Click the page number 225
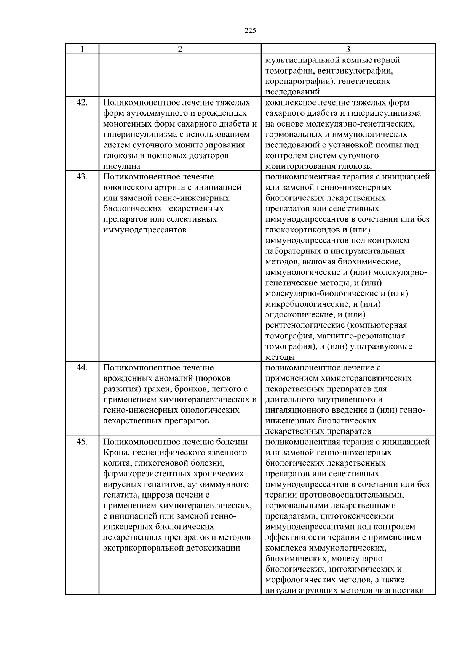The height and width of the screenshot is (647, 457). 250,31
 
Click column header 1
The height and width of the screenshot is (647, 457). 82,49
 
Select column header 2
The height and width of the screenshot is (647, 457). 180,49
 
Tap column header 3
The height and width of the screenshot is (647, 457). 348,49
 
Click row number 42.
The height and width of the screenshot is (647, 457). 82,102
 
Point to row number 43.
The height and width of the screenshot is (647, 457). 82,177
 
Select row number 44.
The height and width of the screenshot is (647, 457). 82,368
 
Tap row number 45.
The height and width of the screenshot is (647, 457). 82,442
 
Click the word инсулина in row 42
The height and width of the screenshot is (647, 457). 122,167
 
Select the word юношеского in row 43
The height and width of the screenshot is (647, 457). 124,187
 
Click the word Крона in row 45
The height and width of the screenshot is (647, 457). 115,453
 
